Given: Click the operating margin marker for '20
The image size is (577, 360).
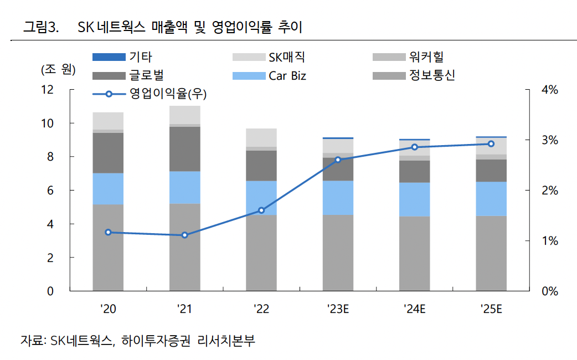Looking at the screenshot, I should [108, 232].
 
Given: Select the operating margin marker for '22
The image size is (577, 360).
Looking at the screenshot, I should [261, 210].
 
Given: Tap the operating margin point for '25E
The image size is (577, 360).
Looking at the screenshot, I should [491, 144].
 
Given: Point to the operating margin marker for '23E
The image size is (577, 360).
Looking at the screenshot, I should [338, 160].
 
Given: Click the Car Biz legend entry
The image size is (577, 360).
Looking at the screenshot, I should [287, 76].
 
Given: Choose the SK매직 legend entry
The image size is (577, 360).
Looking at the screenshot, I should [286, 57].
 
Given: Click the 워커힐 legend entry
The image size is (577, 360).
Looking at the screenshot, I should [426, 57].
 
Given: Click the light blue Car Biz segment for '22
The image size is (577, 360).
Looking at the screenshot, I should [261, 198].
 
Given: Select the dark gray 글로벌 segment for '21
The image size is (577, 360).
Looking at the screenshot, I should [184, 149].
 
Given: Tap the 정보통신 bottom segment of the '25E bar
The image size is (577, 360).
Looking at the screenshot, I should [491, 253].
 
